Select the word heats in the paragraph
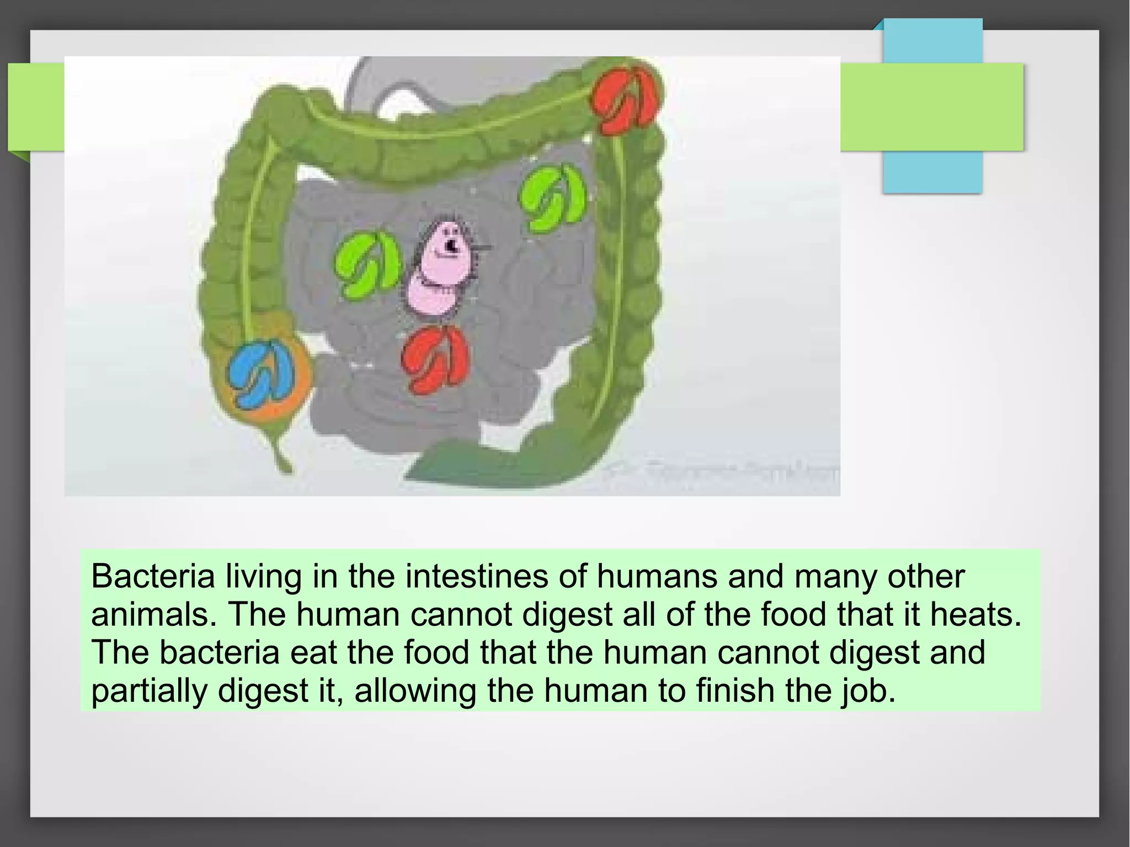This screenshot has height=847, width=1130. [975, 615]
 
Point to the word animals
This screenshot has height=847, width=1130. [153, 615]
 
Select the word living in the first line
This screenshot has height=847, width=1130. [263, 577]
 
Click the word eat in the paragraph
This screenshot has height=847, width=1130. [313, 653]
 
